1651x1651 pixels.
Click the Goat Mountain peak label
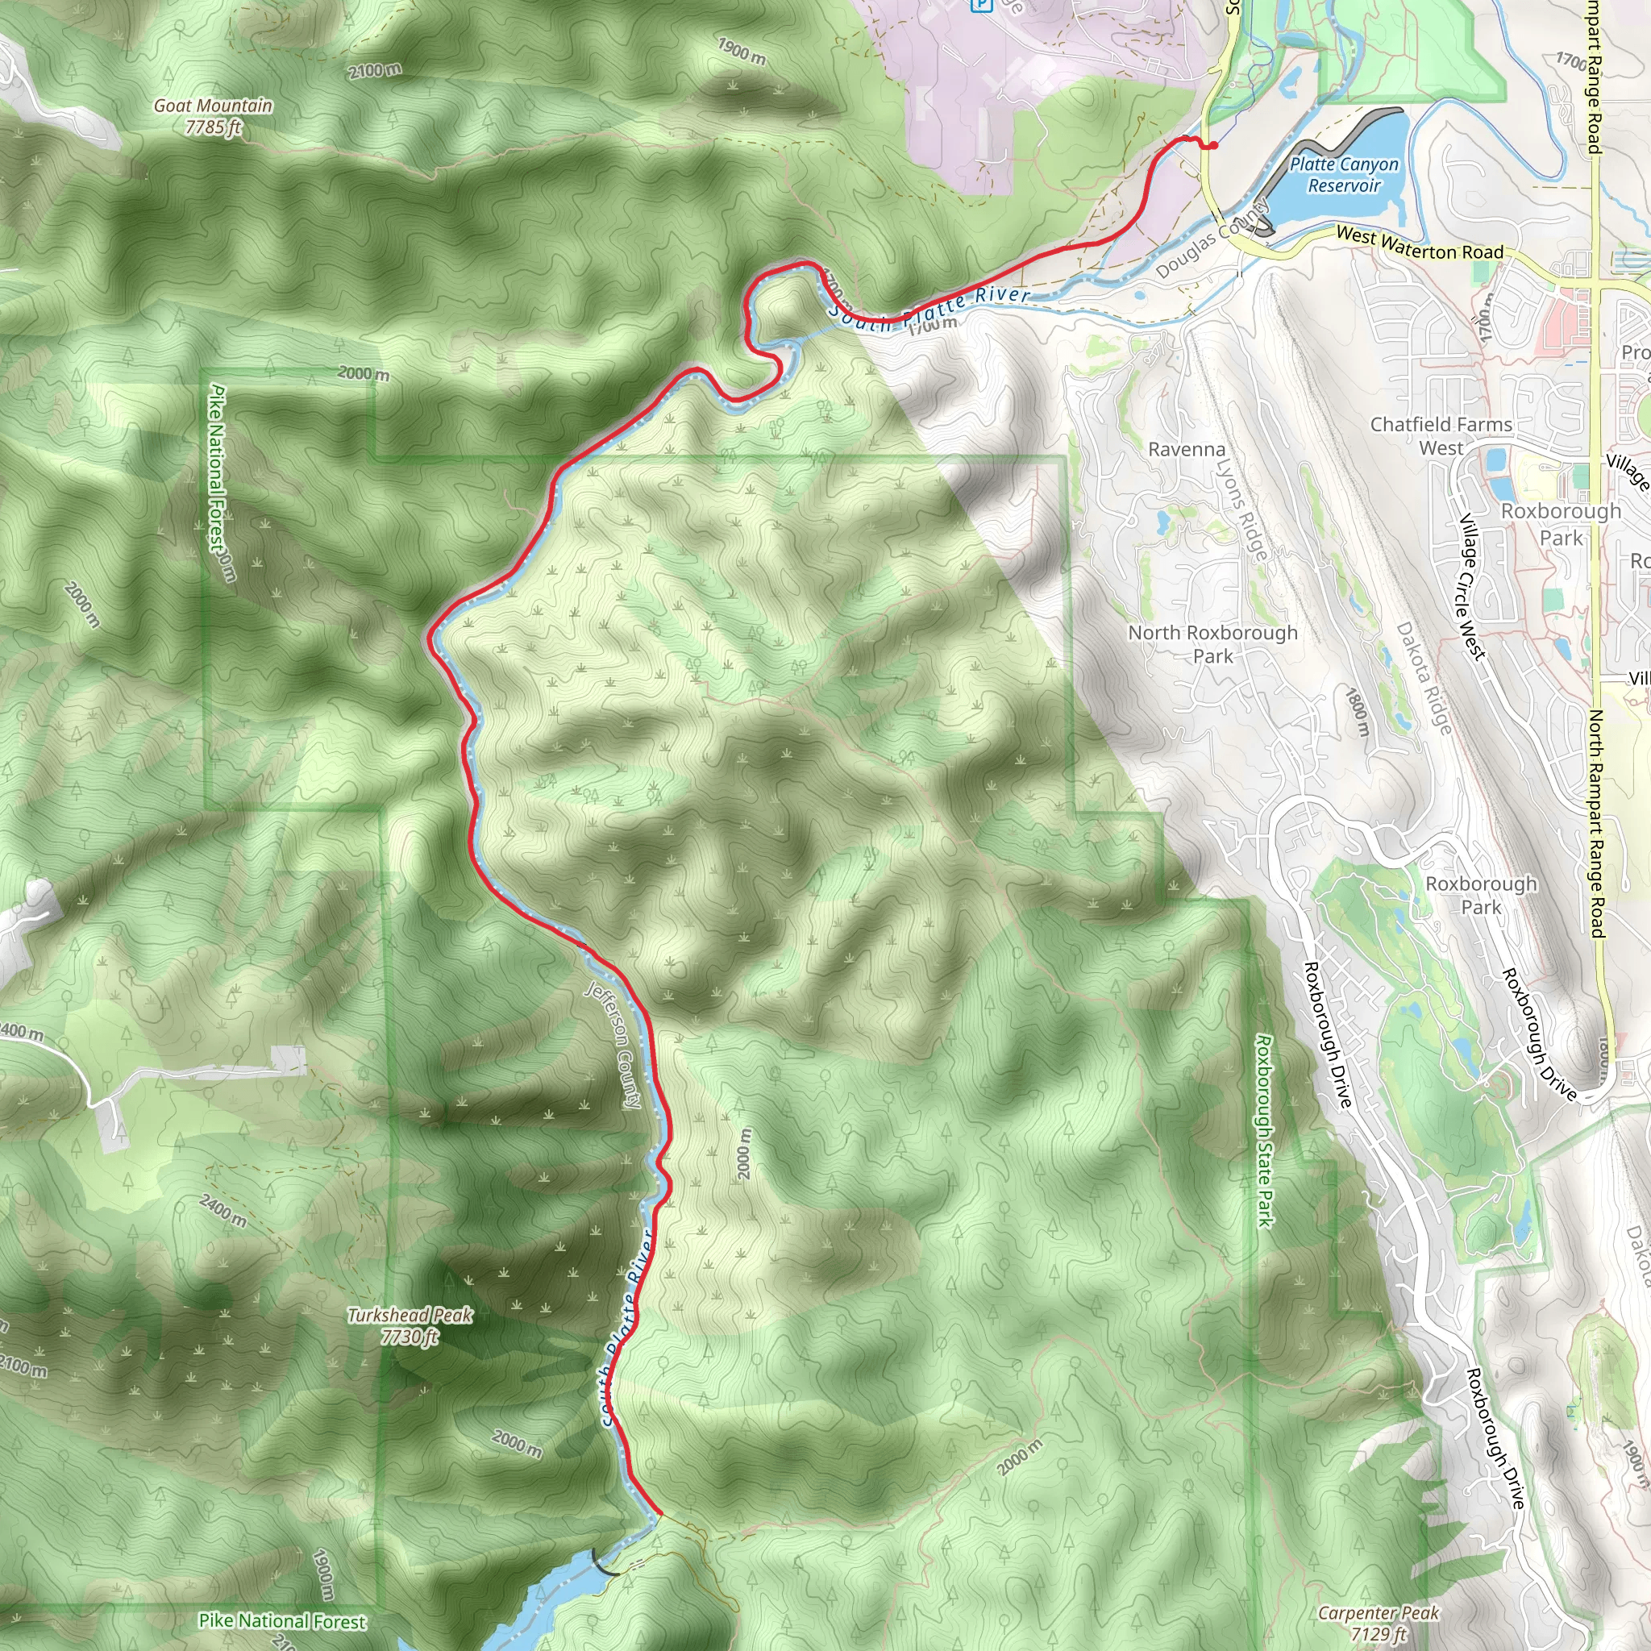pos(213,116)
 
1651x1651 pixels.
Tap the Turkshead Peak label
pos(410,1326)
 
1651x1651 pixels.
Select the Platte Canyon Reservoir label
pos(1344,174)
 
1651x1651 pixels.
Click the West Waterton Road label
pos(1419,243)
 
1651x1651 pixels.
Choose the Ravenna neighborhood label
pos(1186,450)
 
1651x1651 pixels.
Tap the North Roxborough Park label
pos(1212,644)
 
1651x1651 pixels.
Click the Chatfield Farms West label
pos(1441,436)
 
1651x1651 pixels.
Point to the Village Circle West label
pos(1471,586)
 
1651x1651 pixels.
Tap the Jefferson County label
pos(613,1044)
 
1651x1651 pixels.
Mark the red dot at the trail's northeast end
pos(1212,145)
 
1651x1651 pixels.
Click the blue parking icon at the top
pos(981,5)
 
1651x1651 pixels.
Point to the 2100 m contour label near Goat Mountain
pos(374,71)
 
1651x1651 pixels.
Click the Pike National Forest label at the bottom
pos(282,1620)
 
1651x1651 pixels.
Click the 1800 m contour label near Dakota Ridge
pos(1358,711)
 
